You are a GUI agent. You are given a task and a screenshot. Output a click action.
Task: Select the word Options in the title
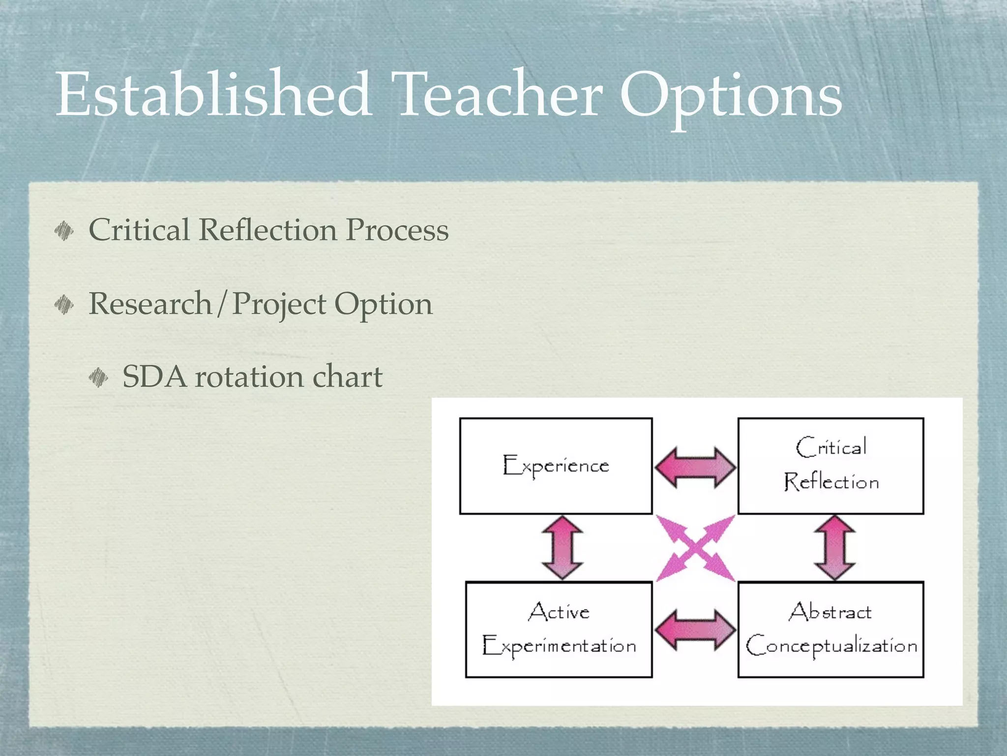click(x=731, y=96)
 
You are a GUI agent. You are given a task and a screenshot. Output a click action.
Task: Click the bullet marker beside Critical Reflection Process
click(x=64, y=230)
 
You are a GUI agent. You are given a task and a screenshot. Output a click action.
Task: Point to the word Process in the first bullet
click(x=397, y=230)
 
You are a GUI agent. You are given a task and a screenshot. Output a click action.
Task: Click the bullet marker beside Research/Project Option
click(x=64, y=304)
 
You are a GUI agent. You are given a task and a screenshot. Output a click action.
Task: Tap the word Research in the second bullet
click(x=150, y=304)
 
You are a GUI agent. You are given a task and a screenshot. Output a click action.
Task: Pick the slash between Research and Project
click(x=222, y=304)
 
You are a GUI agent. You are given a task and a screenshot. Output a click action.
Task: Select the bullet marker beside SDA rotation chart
click(x=98, y=378)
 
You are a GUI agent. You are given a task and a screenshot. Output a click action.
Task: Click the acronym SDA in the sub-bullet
click(x=154, y=377)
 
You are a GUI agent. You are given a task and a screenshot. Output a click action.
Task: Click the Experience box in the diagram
click(x=556, y=466)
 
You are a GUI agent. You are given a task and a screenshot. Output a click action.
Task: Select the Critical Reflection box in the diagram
click(x=830, y=466)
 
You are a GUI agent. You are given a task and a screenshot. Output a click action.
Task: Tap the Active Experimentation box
click(x=559, y=630)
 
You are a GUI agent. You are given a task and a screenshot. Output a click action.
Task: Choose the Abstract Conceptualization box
click(x=830, y=630)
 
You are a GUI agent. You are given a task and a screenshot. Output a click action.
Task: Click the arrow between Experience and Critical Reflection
click(x=695, y=467)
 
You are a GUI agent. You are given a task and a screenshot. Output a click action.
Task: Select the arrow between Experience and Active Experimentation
click(x=562, y=547)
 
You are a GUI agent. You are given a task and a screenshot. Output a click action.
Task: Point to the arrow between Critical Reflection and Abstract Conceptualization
click(x=834, y=547)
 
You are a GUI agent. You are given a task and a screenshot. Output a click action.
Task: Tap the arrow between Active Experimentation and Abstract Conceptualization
click(x=695, y=630)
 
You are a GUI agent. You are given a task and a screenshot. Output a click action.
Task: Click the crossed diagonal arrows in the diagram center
click(x=695, y=548)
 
